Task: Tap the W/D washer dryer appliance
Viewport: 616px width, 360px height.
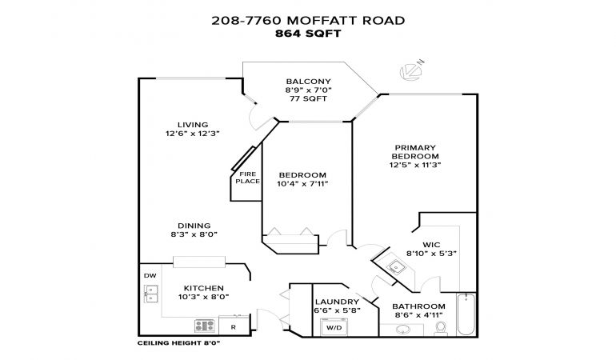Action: [x=334, y=327]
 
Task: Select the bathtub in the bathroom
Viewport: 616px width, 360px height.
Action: [x=466, y=314]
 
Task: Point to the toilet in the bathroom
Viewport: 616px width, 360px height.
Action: [x=442, y=328]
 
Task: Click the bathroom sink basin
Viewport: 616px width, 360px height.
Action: [x=402, y=330]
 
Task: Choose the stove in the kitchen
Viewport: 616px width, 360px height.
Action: [x=205, y=326]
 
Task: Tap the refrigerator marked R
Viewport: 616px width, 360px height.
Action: [x=234, y=326]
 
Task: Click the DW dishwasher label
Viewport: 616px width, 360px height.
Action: [x=150, y=275]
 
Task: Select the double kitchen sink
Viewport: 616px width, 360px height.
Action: [x=151, y=294]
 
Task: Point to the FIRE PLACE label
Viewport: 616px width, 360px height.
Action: [x=247, y=178]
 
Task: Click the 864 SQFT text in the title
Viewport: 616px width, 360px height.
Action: [x=308, y=34]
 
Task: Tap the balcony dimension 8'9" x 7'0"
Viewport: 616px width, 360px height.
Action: [x=308, y=90]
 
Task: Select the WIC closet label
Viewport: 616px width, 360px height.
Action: [x=431, y=245]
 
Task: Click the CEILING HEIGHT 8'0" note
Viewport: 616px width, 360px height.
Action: [x=178, y=343]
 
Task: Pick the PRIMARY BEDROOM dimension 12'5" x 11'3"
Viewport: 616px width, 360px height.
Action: [x=415, y=165]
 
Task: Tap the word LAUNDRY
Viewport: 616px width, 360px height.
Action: [x=337, y=302]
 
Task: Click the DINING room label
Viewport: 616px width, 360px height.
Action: [x=194, y=226]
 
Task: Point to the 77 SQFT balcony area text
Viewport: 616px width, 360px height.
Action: [x=308, y=98]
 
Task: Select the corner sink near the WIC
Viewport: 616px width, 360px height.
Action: [x=396, y=267]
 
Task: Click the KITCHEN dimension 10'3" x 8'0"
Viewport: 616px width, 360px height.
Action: [x=203, y=297]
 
